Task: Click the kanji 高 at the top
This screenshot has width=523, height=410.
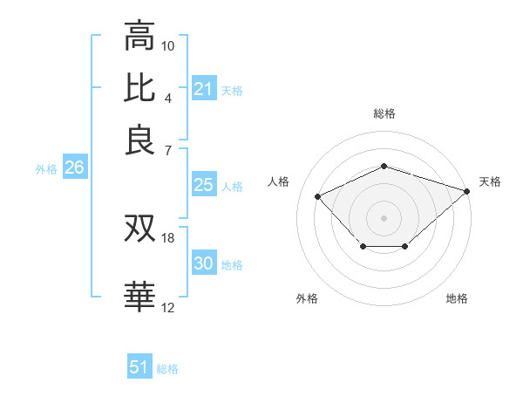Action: pos(139,37)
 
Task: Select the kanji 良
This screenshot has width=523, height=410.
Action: pos(139,140)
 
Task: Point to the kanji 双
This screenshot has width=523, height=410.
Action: pos(139,229)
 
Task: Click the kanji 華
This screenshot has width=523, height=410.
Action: pos(139,297)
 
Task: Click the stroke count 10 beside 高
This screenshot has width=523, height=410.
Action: pos(168,45)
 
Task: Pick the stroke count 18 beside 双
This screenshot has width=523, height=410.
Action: pos(168,237)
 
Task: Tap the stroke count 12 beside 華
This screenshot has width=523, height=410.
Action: pos(168,307)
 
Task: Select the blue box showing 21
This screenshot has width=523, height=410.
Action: pos(203,89)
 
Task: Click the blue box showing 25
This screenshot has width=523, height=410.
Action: pos(203,185)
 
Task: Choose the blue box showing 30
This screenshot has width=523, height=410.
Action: pos(203,264)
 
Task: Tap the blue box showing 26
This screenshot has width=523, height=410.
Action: pos(74,168)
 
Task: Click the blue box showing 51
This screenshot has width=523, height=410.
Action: pos(139,367)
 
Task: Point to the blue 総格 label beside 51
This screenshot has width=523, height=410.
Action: pos(167,369)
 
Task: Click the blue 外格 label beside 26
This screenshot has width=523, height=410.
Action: pos(46,170)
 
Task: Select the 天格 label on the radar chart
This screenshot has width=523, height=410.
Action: pos(490,181)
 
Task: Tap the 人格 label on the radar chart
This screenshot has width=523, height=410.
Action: pos(279,181)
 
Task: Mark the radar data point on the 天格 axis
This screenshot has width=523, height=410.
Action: pos(467,190)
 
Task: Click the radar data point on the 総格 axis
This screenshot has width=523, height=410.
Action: pos(384,166)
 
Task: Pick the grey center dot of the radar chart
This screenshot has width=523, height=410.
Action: pos(384,217)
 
